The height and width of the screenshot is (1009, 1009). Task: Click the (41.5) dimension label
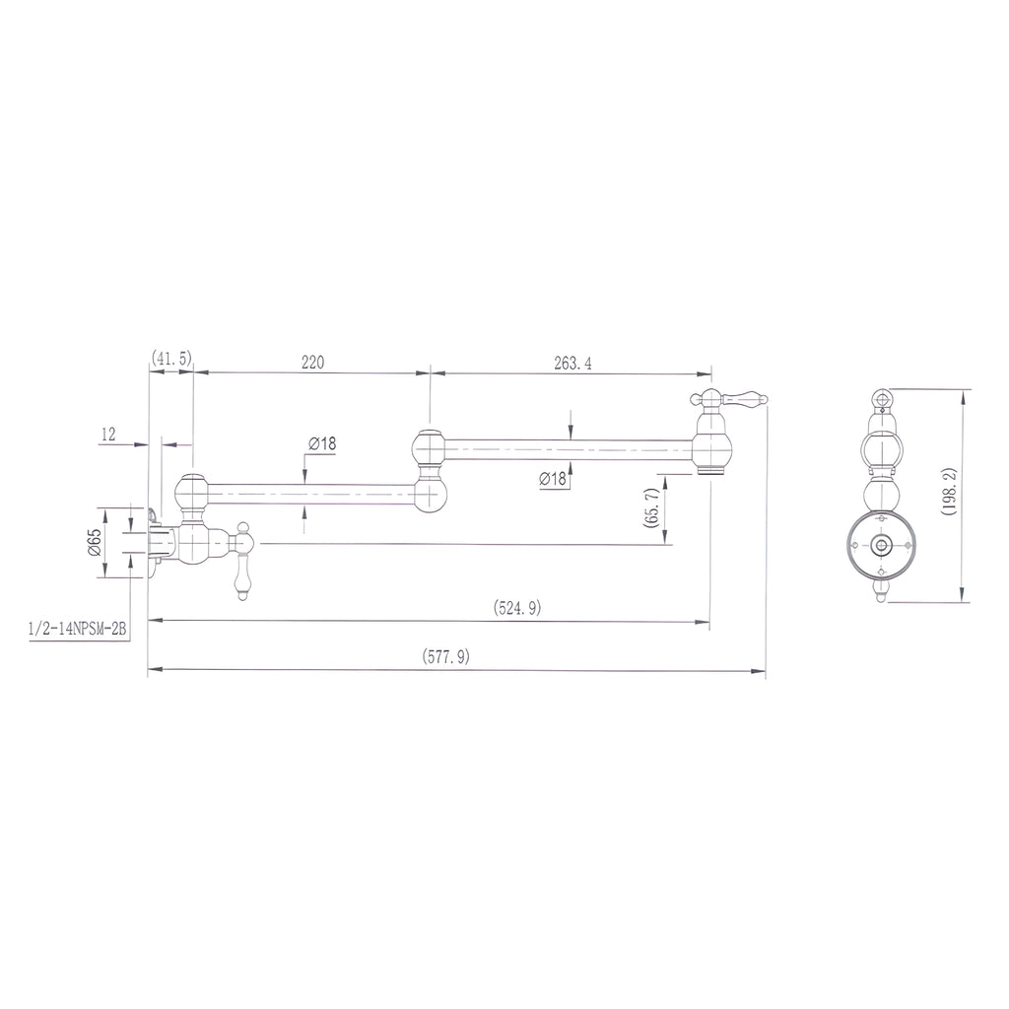tap(171, 359)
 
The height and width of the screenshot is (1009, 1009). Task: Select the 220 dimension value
tap(312, 363)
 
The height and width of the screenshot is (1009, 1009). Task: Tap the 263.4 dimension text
tap(572, 363)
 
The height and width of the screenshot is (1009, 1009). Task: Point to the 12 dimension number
tap(108, 435)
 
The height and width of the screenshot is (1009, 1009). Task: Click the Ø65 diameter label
tap(94, 542)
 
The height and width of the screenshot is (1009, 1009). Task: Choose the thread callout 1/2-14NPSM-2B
tap(77, 629)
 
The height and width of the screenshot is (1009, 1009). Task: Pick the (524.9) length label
tap(517, 607)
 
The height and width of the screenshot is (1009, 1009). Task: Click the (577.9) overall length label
tap(446, 656)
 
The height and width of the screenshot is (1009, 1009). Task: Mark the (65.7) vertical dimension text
tap(651, 507)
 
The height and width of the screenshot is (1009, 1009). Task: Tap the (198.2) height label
tap(949, 492)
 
